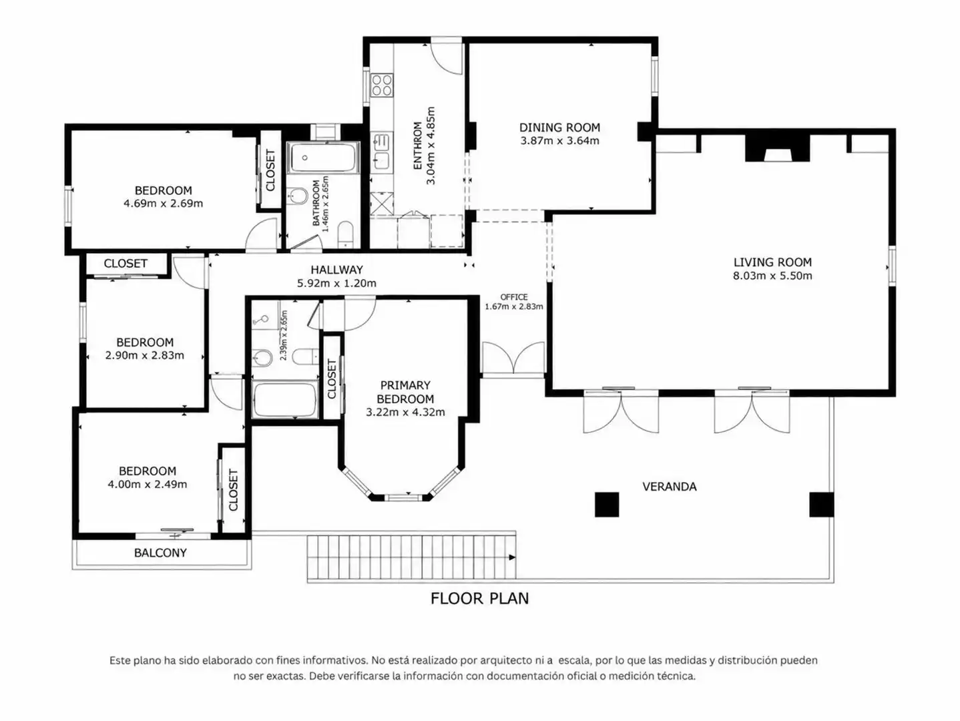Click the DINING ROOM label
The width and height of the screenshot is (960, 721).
pos(559,128)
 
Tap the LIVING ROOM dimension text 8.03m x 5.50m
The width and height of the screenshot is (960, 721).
pos(772,276)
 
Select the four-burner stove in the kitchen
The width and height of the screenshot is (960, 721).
pos(382,85)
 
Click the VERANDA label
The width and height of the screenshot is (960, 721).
pos(669,487)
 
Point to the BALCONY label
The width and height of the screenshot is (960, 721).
pos(160,553)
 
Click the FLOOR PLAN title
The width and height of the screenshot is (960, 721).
pos(479,598)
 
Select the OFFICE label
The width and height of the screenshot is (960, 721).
pos(514,297)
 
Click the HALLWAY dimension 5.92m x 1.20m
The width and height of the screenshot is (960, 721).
pos(336,283)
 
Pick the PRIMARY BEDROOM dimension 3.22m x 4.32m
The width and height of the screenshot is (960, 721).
pos(405,412)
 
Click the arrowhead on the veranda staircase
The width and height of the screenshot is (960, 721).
pos(512,557)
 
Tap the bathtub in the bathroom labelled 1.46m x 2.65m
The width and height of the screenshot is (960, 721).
pos(323,158)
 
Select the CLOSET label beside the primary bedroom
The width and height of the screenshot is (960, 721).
pos(332,379)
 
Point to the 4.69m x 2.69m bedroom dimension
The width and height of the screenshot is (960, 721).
pos(163,204)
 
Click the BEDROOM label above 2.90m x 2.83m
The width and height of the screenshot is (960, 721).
pos(145,342)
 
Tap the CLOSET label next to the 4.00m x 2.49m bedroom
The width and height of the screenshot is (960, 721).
pos(233,490)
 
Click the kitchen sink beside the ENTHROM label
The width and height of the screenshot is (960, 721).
pos(381,152)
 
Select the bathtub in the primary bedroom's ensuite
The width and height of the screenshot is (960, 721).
pos(284,399)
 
